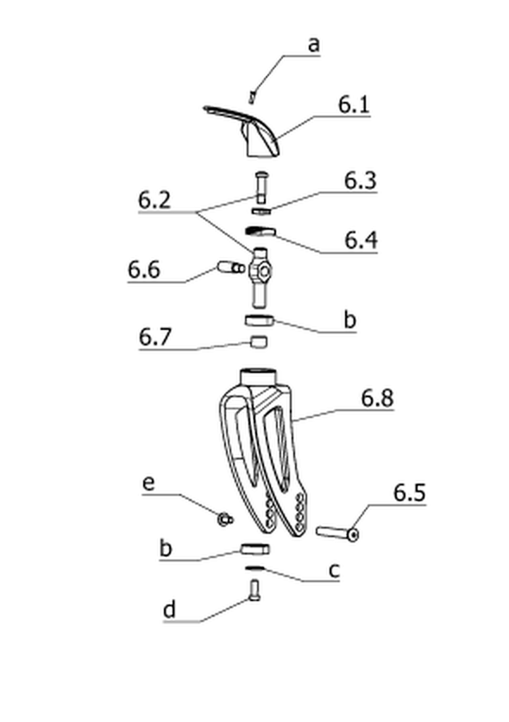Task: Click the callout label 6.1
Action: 354,104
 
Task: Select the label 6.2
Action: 154,199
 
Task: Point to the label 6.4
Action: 361,240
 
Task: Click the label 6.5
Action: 410,492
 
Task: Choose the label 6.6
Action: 144,269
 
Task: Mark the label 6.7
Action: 155,337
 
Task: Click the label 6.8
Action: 378,398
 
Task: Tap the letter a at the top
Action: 313,45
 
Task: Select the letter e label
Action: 148,484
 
